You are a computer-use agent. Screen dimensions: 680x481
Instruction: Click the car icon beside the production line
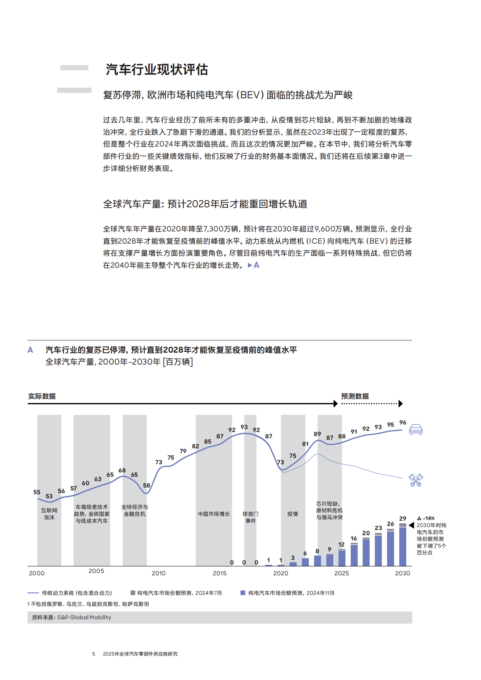(x=416, y=429)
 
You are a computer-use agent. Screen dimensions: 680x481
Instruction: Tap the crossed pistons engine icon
(x=416, y=480)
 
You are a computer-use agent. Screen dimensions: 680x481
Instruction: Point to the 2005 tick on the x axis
(x=96, y=571)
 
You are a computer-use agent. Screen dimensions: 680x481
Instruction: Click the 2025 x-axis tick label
(x=341, y=573)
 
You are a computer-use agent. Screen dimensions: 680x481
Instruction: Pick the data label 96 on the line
(x=402, y=422)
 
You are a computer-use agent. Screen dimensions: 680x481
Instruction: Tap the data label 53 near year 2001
(x=49, y=496)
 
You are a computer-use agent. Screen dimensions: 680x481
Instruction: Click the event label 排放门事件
(x=250, y=517)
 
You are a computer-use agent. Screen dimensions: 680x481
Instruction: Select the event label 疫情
(x=293, y=514)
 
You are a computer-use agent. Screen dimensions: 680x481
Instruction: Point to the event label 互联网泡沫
(x=49, y=514)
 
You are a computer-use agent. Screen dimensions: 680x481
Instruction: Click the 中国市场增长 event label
(x=214, y=514)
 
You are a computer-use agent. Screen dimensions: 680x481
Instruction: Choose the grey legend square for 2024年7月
(x=133, y=592)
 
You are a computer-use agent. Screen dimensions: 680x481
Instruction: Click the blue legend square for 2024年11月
(x=243, y=592)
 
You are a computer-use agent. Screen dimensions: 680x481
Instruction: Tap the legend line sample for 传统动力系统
(x=33, y=593)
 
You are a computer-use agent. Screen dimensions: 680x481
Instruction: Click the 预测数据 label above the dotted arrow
(x=355, y=396)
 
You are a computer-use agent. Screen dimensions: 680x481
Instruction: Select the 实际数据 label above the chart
(x=42, y=396)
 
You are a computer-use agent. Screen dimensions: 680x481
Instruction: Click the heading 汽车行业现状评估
(x=157, y=69)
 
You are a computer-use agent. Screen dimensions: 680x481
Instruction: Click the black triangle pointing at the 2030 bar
(x=411, y=525)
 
